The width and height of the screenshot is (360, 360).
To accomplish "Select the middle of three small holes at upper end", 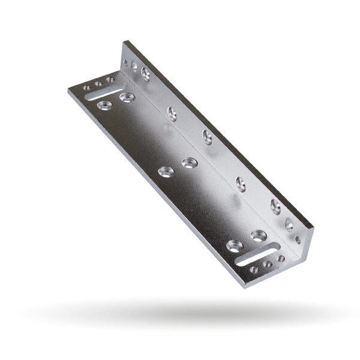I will (98, 84).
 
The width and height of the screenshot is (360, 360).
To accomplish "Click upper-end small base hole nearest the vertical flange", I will (110, 80).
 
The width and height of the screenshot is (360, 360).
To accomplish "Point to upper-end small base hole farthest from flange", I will (86, 88).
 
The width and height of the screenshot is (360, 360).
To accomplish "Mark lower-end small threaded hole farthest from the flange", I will (254, 270).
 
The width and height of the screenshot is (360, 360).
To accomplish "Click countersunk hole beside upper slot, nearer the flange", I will (127, 97).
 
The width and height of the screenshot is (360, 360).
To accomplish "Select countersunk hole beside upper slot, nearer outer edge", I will (104, 105).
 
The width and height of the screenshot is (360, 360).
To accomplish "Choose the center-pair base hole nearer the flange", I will (190, 163).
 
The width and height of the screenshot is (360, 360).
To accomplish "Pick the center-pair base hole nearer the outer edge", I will (166, 172).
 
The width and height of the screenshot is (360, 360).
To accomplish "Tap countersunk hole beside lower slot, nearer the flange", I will (259, 235).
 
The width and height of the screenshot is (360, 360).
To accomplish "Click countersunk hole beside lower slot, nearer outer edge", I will (234, 245).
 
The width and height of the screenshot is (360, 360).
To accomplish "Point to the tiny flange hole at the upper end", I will (133, 65).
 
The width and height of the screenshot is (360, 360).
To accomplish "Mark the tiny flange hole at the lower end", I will (298, 239).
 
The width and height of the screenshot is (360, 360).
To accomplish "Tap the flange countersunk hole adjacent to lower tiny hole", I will (289, 224).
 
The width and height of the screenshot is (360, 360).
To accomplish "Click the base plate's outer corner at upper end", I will (70, 89).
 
